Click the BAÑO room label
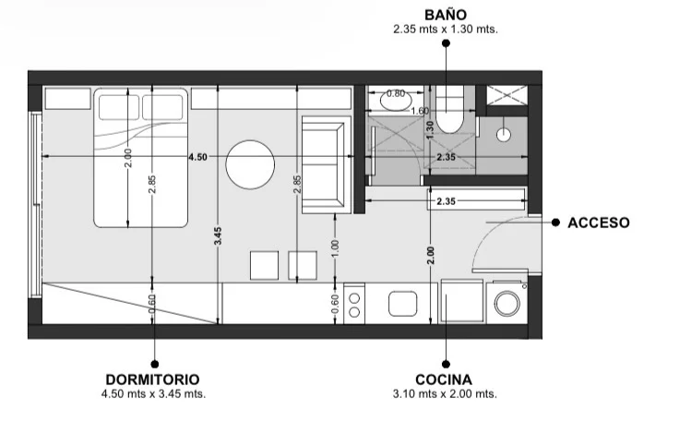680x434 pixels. (446, 15)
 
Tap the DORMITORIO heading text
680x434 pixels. (152, 380)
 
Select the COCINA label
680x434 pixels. (444, 380)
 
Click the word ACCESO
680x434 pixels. (599, 223)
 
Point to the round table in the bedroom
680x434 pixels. (250, 164)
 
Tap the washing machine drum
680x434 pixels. (507, 303)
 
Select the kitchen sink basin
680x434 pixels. (403, 304)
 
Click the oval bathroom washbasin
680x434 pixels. (396, 101)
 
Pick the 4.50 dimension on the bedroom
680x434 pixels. (197, 157)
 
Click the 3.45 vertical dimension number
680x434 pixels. (218, 236)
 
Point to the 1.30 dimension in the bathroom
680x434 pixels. (430, 130)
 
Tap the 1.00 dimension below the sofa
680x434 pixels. (335, 248)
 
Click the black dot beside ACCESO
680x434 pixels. (555, 223)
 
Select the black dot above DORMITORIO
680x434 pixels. (154, 364)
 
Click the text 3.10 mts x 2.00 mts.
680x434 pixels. (445, 394)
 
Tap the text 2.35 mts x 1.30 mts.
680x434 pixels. (446, 30)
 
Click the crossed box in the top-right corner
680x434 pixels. (507, 95)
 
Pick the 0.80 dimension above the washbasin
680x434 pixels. (396, 93)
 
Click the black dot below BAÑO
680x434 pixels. (446, 43)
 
